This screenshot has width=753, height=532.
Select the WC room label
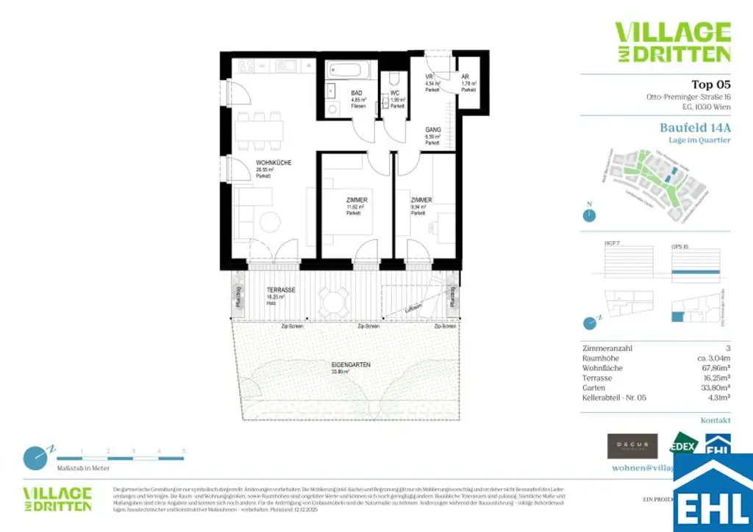click(395, 93)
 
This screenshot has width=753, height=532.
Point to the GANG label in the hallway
click(432, 130)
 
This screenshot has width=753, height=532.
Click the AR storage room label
click(465, 77)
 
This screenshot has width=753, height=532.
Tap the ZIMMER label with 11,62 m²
click(357, 200)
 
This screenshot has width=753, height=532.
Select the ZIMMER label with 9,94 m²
click(421, 200)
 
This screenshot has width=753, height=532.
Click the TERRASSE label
click(281, 290)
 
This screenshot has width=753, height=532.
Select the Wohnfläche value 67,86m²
click(713, 367)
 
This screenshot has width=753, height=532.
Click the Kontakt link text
click(715, 420)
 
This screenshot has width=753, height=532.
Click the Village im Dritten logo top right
click(672, 42)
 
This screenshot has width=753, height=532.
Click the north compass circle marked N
click(588, 215)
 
